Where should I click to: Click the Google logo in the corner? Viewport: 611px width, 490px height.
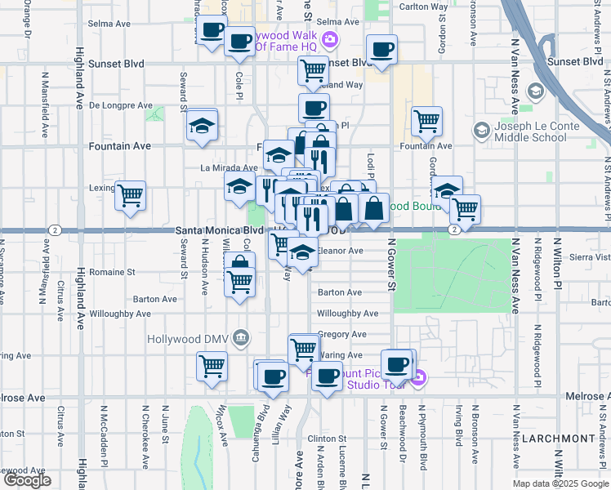(x=27, y=480)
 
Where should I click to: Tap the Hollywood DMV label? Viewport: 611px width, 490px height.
(x=188, y=338)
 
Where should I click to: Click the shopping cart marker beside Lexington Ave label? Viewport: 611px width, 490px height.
(x=130, y=196)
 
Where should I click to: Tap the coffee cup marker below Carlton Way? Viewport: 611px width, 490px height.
(x=381, y=50)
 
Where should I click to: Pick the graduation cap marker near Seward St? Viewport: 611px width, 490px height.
(x=201, y=126)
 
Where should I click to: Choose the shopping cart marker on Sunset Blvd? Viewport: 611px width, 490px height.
(x=313, y=71)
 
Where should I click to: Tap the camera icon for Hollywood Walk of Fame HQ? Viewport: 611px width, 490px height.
(x=330, y=38)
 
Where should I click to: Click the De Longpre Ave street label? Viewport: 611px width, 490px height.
(x=121, y=105)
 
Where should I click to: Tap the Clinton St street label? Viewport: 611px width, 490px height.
(x=329, y=439)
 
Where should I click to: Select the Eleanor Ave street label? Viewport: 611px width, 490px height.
(x=340, y=251)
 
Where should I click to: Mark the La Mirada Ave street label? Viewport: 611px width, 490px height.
(x=223, y=167)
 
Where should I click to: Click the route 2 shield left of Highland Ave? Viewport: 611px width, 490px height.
(x=53, y=230)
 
